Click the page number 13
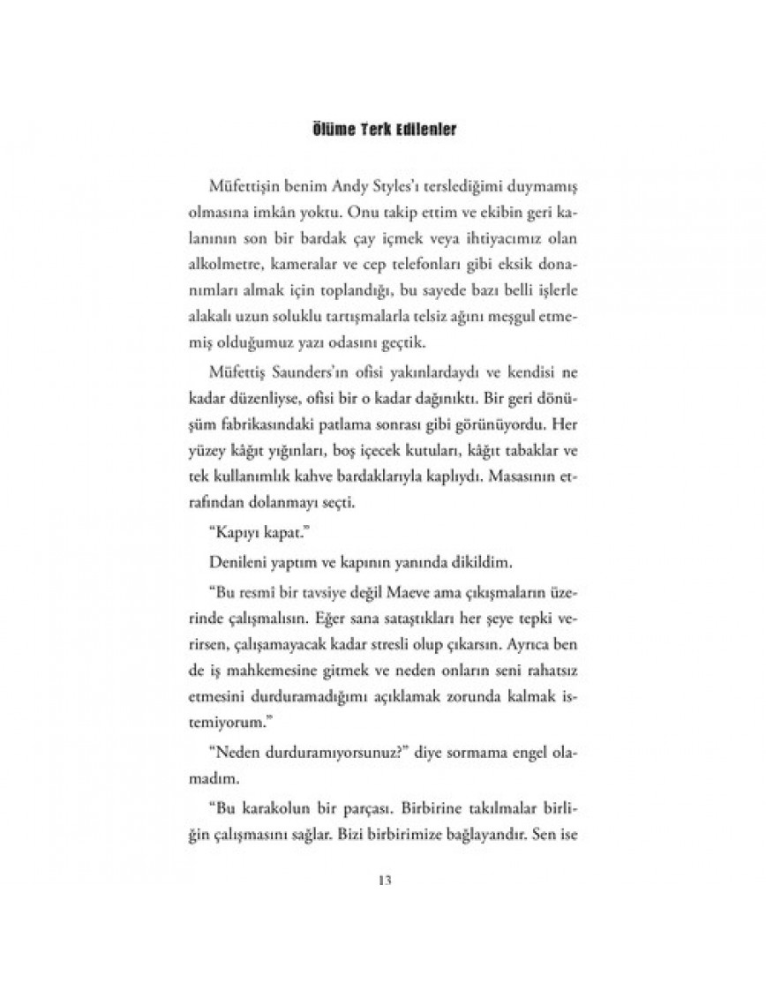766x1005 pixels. click(383, 880)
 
